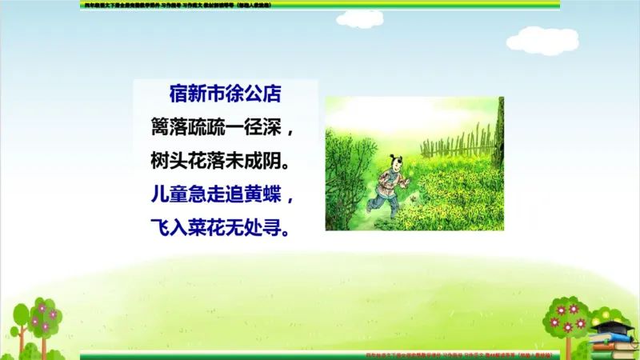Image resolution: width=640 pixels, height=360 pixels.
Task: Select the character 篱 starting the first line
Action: pyautogui.click(x=161, y=126)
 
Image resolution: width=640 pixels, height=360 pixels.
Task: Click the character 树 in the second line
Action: pyautogui.click(x=161, y=160)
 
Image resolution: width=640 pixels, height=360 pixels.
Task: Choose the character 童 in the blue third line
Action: pyautogui.click(x=183, y=194)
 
